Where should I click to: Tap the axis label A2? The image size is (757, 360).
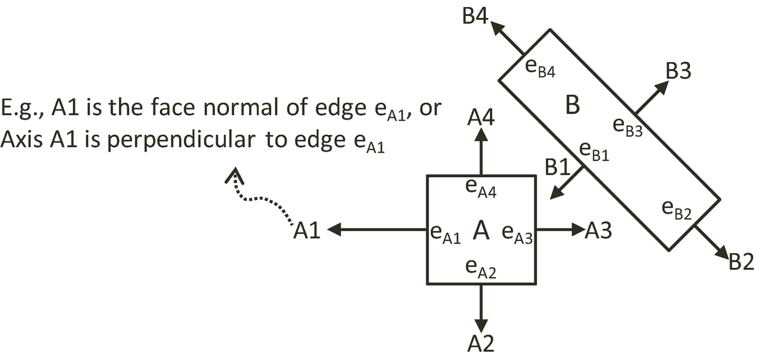(480, 344)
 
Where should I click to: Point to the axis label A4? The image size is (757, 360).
(480, 118)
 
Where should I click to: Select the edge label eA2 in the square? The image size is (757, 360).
(480, 267)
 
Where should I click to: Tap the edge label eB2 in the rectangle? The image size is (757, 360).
(677, 208)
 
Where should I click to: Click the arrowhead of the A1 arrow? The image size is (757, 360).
(337, 230)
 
